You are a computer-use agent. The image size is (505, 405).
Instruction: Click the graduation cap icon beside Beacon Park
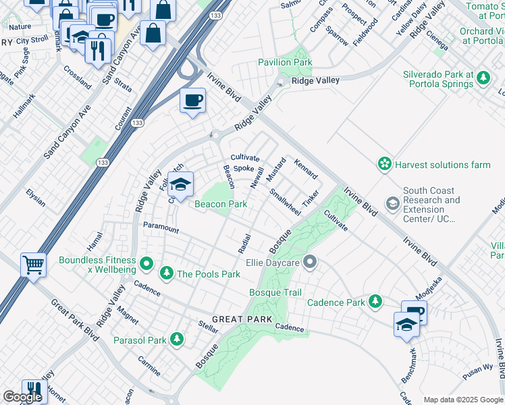click(180, 184)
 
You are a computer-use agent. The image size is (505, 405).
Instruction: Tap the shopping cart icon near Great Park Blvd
click(33, 265)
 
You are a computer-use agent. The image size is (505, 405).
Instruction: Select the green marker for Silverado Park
click(483, 79)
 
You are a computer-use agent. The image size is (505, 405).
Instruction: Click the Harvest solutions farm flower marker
click(384, 164)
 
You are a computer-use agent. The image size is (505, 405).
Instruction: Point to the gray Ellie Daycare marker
click(310, 261)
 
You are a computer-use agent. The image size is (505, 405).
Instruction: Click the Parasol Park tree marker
click(177, 339)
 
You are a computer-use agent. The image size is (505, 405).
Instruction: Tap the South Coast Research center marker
click(392, 203)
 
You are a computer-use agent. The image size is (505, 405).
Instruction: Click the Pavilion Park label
click(285, 62)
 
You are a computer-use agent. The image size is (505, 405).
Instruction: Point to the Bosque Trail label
click(275, 292)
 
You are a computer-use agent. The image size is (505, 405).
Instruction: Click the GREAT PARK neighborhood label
click(242, 319)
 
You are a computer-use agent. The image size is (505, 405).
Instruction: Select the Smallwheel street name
click(285, 201)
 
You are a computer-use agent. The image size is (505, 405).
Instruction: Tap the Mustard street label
click(276, 169)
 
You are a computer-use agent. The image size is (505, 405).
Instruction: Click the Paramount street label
click(161, 230)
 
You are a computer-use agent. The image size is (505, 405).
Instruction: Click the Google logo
click(22, 397)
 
